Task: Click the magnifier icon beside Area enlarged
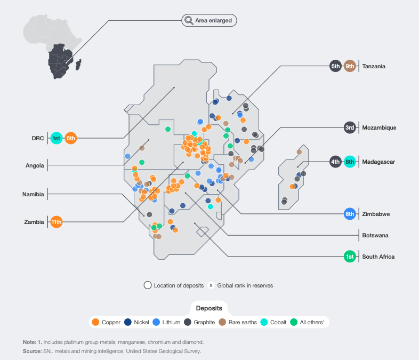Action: pos(189,21)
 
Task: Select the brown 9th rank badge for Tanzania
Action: pos(350,66)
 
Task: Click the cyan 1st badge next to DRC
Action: pos(56,138)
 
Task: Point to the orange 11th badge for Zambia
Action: pos(57,221)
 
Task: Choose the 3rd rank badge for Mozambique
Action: pos(350,127)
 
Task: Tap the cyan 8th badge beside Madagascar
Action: pos(350,162)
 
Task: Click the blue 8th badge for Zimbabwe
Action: pos(350,214)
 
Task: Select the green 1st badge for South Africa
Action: pos(350,257)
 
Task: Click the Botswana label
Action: pos(375,235)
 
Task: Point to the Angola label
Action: pos(35,165)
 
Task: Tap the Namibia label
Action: pos(33,194)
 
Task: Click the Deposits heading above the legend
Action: pos(209,308)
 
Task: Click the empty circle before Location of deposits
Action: pos(147,285)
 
